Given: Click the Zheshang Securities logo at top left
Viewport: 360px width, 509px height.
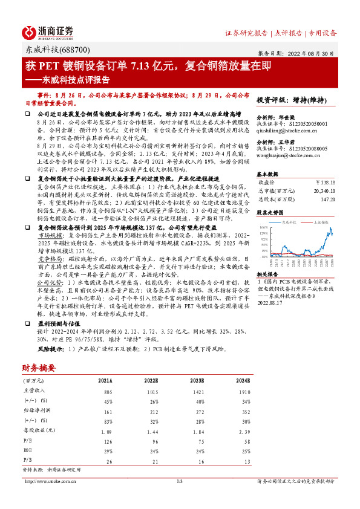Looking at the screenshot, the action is click(48, 32).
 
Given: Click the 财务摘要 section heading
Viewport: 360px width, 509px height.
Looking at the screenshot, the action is click(39, 367).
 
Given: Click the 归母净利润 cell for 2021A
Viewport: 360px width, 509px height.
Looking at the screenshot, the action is click(105, 410).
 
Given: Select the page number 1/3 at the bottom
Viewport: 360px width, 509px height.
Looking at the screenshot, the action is click(179, 481).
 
